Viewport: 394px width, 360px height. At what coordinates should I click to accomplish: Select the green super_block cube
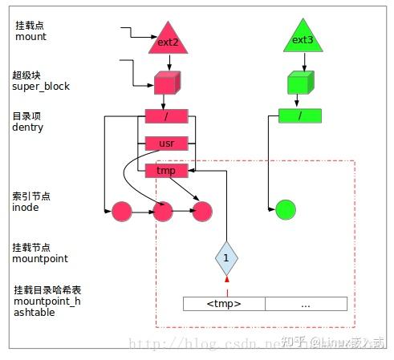tap(299, 83)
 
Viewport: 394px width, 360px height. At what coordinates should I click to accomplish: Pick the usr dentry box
tap(167, 144)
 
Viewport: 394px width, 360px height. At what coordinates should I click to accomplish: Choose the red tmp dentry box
tap(167, 170)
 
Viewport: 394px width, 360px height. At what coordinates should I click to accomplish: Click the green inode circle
tap(285, 212)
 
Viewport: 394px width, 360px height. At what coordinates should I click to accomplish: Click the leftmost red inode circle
tap(121, 212)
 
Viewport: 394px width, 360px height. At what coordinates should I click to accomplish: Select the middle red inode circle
tap(163, 212)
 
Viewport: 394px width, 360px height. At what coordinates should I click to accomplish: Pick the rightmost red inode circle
tap(201, 212)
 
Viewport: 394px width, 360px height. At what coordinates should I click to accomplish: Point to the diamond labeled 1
tap(226, 258)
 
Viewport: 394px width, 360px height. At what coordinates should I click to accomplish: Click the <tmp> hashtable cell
tap(224, 304)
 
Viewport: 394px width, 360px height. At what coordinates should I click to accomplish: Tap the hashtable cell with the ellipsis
tap(306, 304)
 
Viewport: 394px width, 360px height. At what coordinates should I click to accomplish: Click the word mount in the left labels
tap(31, 37)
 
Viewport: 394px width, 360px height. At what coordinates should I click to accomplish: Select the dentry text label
tap(30, 128)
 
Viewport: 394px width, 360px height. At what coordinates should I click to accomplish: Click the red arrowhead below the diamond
tap(226, 279)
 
